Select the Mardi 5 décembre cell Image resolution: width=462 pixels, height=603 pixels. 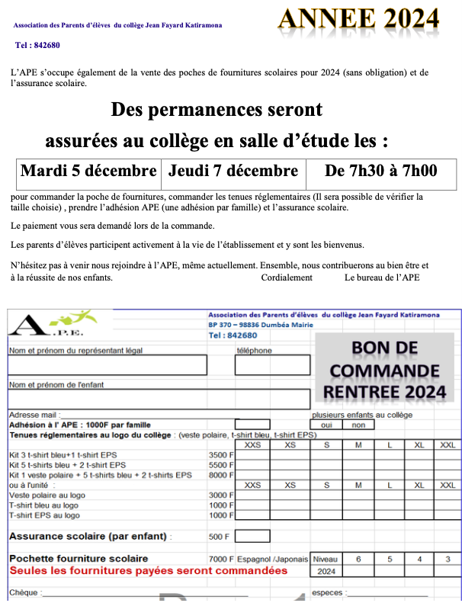coord(88,170)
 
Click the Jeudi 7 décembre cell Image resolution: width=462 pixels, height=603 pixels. coord(233,170)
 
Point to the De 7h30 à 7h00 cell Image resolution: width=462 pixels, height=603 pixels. coord(380,170)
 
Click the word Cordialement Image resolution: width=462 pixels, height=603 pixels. coord(287,277)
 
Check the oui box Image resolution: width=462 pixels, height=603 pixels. coord(326,425)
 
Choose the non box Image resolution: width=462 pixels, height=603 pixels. coord(358,425)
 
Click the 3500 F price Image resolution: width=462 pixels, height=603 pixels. coord(220,454)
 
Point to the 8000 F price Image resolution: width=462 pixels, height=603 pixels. coord(220,474)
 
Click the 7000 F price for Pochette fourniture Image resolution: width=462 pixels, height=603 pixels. coord(221,559)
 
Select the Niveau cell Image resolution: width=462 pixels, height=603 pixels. coord(326,559)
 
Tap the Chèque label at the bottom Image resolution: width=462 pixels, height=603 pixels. coord(23,592)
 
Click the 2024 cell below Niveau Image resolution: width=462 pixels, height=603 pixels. coord(326,571)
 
